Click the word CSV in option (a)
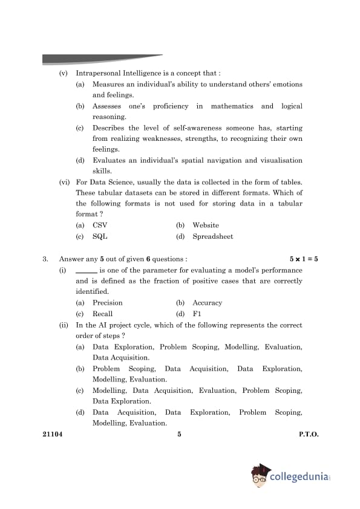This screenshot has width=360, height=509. (x=100, y=225)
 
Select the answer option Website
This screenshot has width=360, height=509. (x=206, y=225)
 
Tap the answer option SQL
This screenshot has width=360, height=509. (x=100, y=236)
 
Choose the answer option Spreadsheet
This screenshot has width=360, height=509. (x=212, y=236)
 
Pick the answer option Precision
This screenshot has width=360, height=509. (x=107, y=303)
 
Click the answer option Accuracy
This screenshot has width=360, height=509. (x=207, y=303)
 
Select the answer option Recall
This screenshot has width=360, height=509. (x=102, y=314)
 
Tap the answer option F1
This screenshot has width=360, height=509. (x=197, y=314)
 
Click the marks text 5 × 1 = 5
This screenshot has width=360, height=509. (x=304, y=259)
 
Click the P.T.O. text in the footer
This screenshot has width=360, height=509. (x=308, y=434)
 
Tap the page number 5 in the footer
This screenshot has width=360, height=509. (x=180, y=434)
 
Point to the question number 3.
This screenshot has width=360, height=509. (x=45, y=259)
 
